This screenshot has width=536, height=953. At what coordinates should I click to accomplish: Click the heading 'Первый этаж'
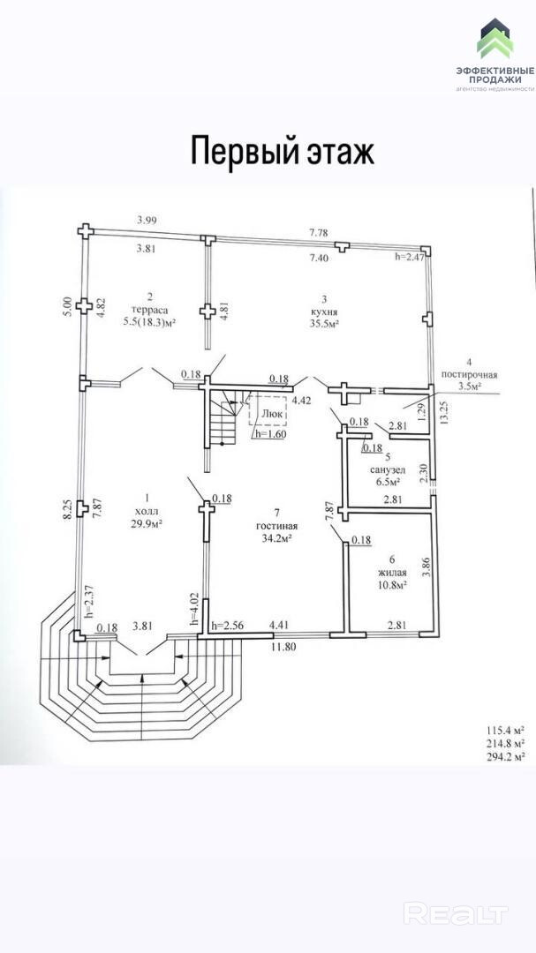(283, 151)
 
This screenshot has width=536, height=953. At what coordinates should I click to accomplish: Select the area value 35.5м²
(325, 324)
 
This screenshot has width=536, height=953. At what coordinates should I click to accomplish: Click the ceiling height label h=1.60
(269, 433)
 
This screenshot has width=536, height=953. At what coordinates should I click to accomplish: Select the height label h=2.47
(410, 257)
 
